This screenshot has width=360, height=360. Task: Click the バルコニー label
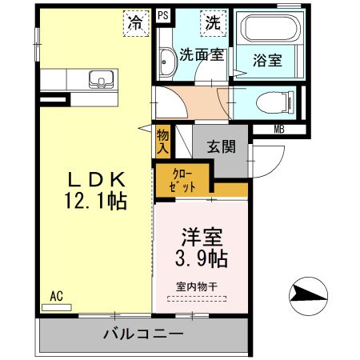(x=145, y=334)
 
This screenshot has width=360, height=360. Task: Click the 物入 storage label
(x=163, y=142)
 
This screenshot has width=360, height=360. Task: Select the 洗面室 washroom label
(x=200, y=57)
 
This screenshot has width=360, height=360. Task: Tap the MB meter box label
(x=280, y=129)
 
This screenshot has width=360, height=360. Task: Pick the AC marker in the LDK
(x=57, y=295)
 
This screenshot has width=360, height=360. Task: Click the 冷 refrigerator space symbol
(x=138, y=24)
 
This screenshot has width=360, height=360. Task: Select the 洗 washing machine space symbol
(x=212, y=24)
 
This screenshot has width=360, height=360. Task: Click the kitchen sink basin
(x=100, y=78)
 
